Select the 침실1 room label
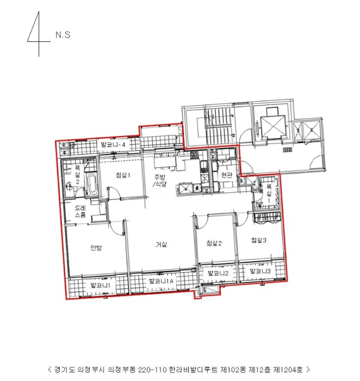click(x=122, y=175)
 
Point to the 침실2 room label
click(x=213, y=244)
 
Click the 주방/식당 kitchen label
click(x=159, y=181)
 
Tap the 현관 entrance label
click(x=227, y=175)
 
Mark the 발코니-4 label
click(x=114, y=145)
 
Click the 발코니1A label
click(x=161, y=281)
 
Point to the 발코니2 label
click(x=218, y=273)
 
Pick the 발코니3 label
click(x=260, y=271)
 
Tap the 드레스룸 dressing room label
click(x=79, y=212)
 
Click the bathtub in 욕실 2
click(x=91, y=185)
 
